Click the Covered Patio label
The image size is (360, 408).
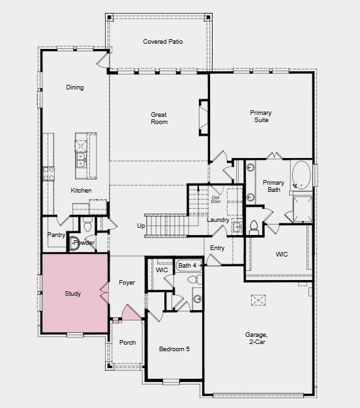[x=162, y=42]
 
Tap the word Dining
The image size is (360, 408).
[x=75, y=87]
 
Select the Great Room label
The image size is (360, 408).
[x=159, y=118]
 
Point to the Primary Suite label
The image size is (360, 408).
[x=261, y=116]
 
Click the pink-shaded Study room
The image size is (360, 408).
[x=75, y=292]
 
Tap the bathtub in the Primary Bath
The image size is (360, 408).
[x=301, y=175]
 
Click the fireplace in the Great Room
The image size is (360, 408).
[x=203, y=118]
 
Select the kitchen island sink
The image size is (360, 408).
[x=81, y=160]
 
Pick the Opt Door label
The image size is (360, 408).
[x=216, y=199]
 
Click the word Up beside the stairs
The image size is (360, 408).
[x=141, y=226]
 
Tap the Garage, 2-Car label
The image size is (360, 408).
[x=256, y=338]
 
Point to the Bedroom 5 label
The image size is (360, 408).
[x=174, y=349]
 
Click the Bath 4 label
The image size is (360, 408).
[x=187, y=266]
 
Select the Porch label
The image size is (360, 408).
[x=128, y=343]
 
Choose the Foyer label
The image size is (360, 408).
[x=127, y=283]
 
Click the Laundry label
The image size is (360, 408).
[x=218, y=220]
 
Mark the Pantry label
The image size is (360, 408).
[x=56, y=235]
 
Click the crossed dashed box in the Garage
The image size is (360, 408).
[x=258, y=300]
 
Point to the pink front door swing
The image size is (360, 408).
[x=131, y=313]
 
